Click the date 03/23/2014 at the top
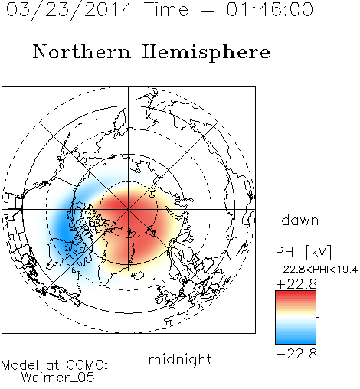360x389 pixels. (70, 10)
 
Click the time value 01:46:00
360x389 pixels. (270, 9)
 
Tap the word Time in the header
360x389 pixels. (166, 9)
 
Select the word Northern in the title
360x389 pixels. (82, 51)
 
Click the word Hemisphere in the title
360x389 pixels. (206, 53)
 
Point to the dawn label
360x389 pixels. (300, 220)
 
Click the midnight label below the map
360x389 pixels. (180, 360)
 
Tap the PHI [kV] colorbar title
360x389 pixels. (303, 252)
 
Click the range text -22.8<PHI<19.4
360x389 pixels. (317, 270)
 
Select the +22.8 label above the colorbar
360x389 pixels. (296, 284)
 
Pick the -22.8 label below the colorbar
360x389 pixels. (296, 354)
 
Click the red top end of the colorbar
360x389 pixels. (296, 293)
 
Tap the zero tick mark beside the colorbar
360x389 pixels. (318, 317)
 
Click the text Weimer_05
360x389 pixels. (58, 377)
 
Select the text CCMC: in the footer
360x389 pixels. (87, 365)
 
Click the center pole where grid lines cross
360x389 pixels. (129, 209)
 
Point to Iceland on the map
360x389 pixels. (138, 276)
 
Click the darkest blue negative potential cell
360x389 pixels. (63, 230)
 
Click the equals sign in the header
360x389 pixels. (208, 10)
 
